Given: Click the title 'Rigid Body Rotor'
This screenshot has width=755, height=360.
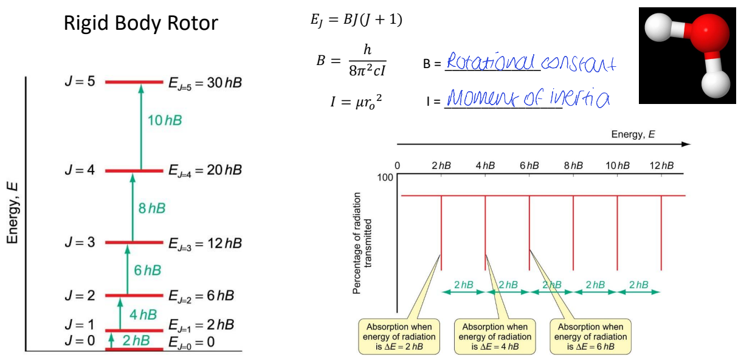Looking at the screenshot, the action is [141, 24].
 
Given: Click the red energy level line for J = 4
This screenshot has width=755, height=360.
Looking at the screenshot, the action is [134, 171].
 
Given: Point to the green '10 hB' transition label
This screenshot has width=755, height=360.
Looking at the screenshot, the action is [165, 120].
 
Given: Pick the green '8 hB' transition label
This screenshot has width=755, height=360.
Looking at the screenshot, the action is [152, 209].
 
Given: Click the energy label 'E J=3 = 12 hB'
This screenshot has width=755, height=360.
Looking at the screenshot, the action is [205, 243].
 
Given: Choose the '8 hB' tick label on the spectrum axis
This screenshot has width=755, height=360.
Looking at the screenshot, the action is [573, 165].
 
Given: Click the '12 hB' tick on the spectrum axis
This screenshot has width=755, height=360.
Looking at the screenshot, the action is [661, 165].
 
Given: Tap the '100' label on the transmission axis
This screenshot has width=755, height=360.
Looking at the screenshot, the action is [385, 178].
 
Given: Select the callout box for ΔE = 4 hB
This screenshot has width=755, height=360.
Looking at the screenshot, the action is [495, 336].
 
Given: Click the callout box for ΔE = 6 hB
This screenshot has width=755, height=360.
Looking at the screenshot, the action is [591, 336].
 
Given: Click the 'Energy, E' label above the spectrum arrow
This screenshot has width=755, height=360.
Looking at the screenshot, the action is [633, 134].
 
